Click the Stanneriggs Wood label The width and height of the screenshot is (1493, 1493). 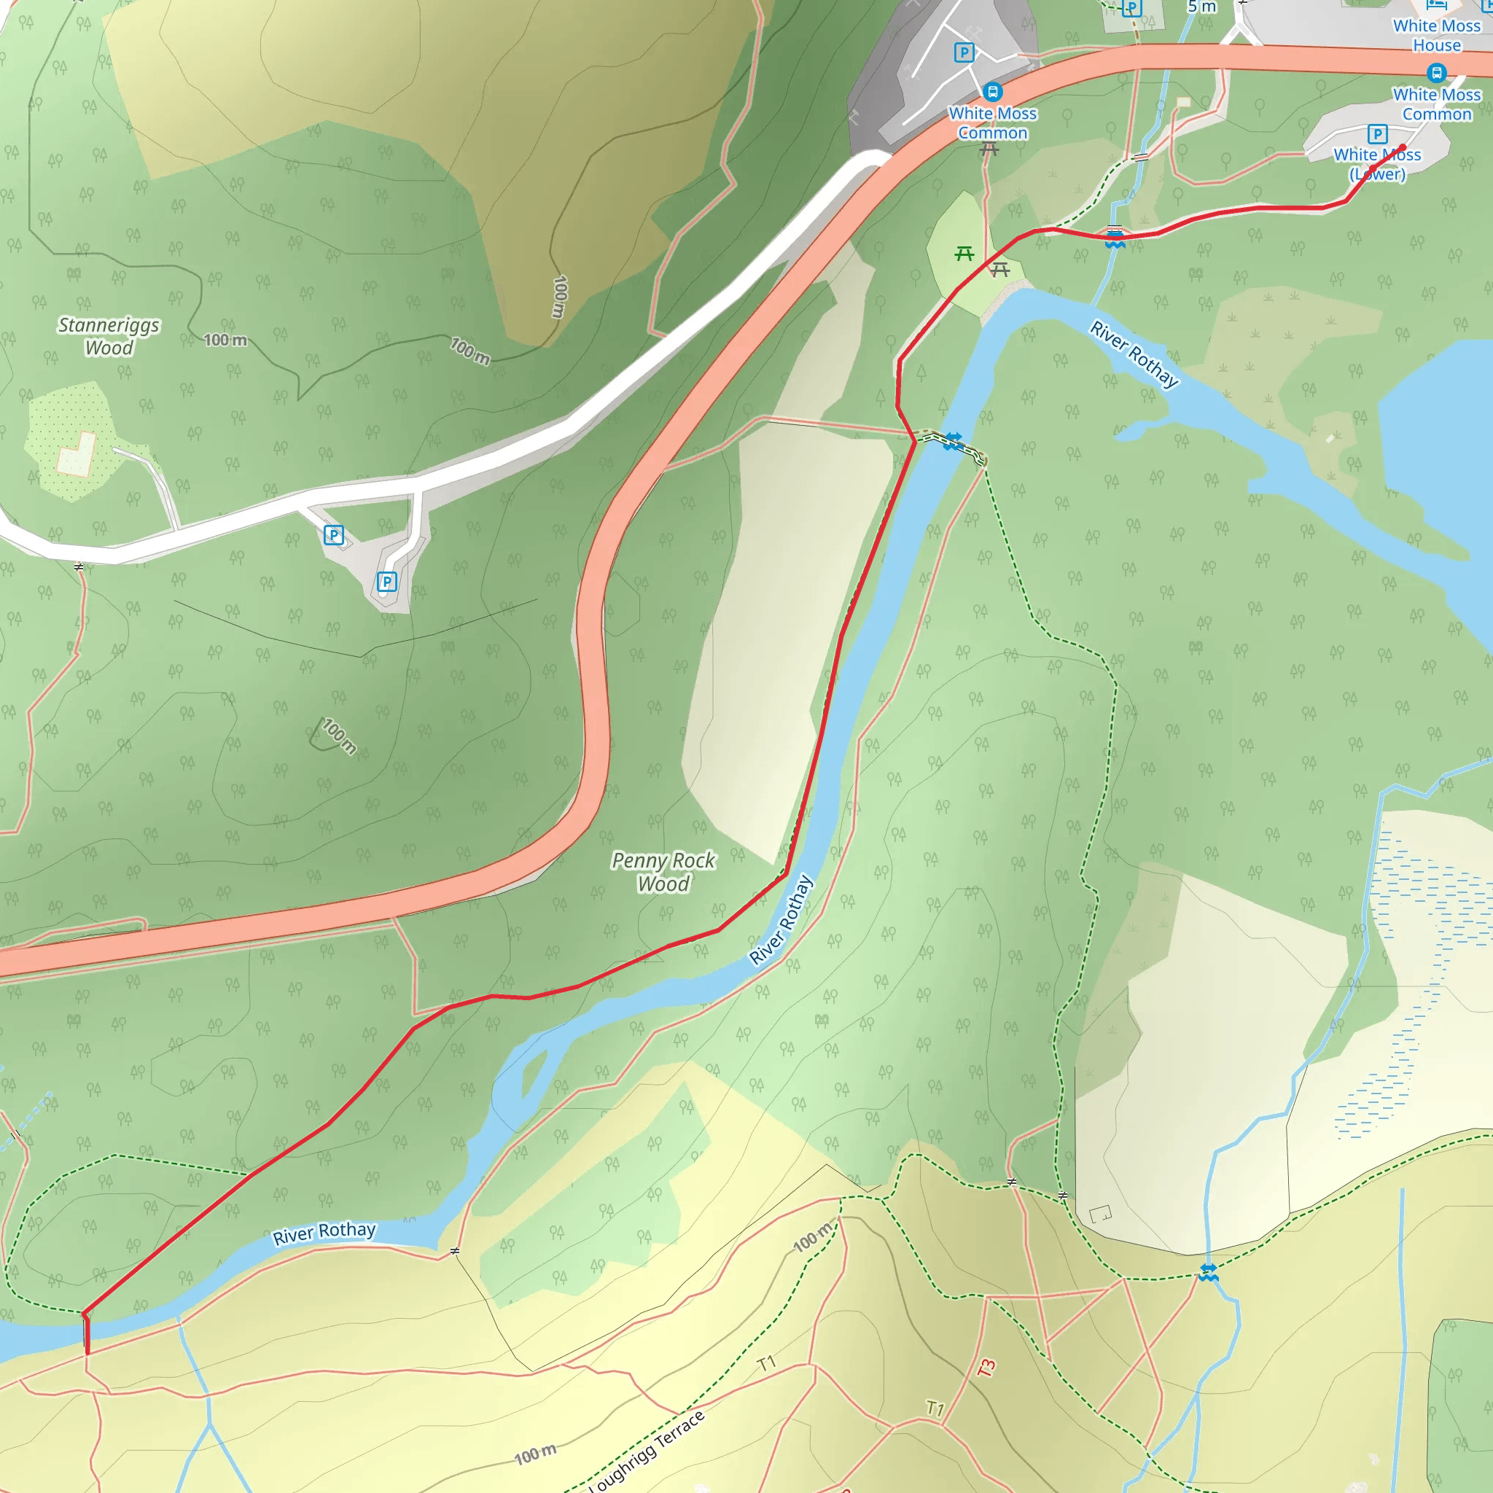click(x=109, y=336)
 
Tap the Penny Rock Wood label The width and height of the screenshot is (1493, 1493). click(x=663, y=872)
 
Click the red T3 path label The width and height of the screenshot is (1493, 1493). click(x=986, y=1368)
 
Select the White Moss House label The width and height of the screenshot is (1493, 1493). click(x=1437, y=36)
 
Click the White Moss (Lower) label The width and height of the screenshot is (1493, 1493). click(x=1377, y=165)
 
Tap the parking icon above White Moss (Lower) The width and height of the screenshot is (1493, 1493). click(x=1377, y=133)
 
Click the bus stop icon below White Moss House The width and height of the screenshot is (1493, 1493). click(x=1437, y=74)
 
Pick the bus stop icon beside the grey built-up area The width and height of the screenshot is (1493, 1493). click(x=993, y=92)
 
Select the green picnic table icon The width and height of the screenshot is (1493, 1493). click(x=964, y=254)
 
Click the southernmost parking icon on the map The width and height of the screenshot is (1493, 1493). click(x=387, y=582)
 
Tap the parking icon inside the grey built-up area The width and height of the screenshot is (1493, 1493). click(x=964, y=52)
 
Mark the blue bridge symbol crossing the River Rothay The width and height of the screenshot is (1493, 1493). click(x=953, y=441)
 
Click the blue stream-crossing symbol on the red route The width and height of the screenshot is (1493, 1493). click(x=1115, y=238)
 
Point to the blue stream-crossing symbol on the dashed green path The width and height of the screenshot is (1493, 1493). click(x=1209, y=1272)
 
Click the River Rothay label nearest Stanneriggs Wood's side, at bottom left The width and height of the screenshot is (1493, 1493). click(x=324, y=1233)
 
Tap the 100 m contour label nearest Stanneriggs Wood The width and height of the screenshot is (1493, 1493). click(x=225, y=340)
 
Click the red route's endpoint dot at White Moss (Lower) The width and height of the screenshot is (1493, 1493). click(x=1403, y=147)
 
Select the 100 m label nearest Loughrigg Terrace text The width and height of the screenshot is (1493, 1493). click(x=535, y=1455)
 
